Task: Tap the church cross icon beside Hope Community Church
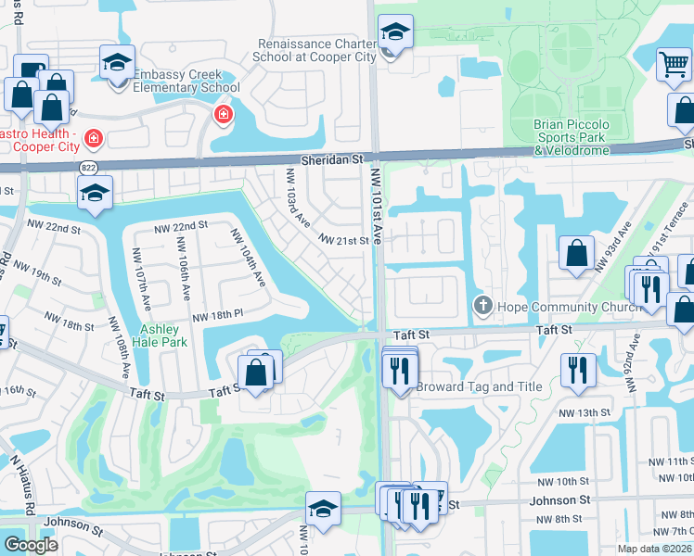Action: pos(482,306)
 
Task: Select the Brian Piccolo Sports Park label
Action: pos(571,131)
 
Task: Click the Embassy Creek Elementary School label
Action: pos(186,82)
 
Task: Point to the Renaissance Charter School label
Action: pos(317,50)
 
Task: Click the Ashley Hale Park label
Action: pos(163,335)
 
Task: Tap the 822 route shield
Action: pos(88,168)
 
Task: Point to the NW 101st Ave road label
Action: pos(377,206)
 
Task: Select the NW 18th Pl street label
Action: pos(216,317)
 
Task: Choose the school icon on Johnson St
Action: pos(323,508)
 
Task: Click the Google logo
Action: pos(31,545)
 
